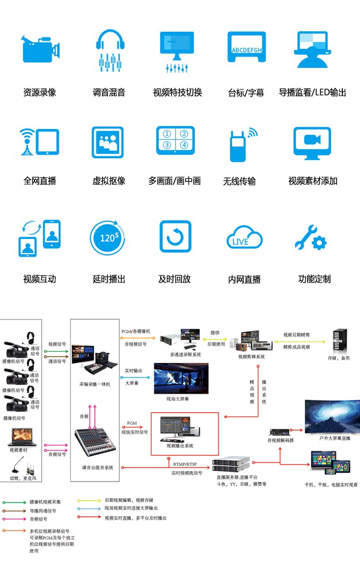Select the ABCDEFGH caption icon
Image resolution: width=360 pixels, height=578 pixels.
point(247,47)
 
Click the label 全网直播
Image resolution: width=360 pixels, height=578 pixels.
point(40,181)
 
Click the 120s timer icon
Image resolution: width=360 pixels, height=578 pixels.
point(108,237)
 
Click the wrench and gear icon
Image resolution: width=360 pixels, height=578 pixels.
point(311,237)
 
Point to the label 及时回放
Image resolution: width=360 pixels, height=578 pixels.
point(175,279)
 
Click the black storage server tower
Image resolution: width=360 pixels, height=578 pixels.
point(339,341)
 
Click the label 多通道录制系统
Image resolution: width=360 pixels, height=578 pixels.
point(185,354)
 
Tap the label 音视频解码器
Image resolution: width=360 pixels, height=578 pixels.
point(280,440)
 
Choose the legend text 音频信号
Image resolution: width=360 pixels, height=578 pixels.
point(38,519)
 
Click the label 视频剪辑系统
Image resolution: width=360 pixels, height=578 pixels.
point(251,357)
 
